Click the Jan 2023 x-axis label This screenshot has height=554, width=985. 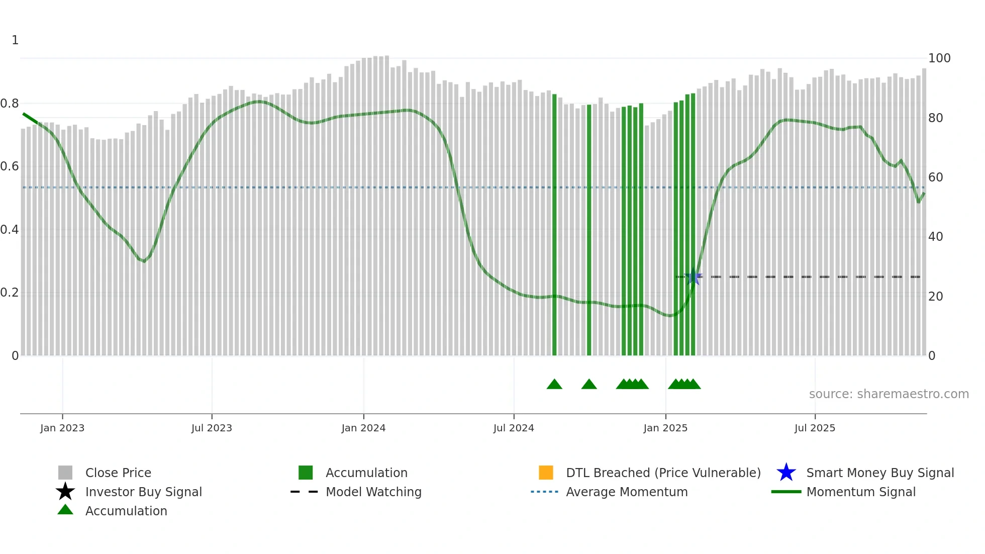pos(62,428)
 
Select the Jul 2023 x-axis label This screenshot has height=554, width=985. pos(212,428)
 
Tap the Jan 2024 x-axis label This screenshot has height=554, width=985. pos(363,428)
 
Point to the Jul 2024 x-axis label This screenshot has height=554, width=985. pos(514,428)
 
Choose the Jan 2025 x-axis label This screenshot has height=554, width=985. pos(665,428)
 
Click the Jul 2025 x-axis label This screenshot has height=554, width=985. pos(815,428)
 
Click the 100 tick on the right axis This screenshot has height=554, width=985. pos(939,58)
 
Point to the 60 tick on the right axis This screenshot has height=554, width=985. pos(936,177)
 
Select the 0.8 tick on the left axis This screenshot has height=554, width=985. pos(10,104)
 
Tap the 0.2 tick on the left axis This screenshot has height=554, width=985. pos(10,293)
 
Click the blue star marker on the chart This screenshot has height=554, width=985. pos(694,276)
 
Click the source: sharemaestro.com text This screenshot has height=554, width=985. pos(889,394)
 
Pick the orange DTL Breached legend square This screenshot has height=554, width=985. pos(546,473)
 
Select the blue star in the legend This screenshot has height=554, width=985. pos(786,473)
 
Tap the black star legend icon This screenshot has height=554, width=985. pos(65,492)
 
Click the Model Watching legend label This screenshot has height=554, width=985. pos(373,492)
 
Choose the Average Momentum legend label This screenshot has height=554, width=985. pos(627,492)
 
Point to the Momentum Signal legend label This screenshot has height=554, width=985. pos(861,492)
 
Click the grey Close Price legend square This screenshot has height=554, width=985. pos(65,473)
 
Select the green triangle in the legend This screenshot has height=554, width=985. pos(65,510)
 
